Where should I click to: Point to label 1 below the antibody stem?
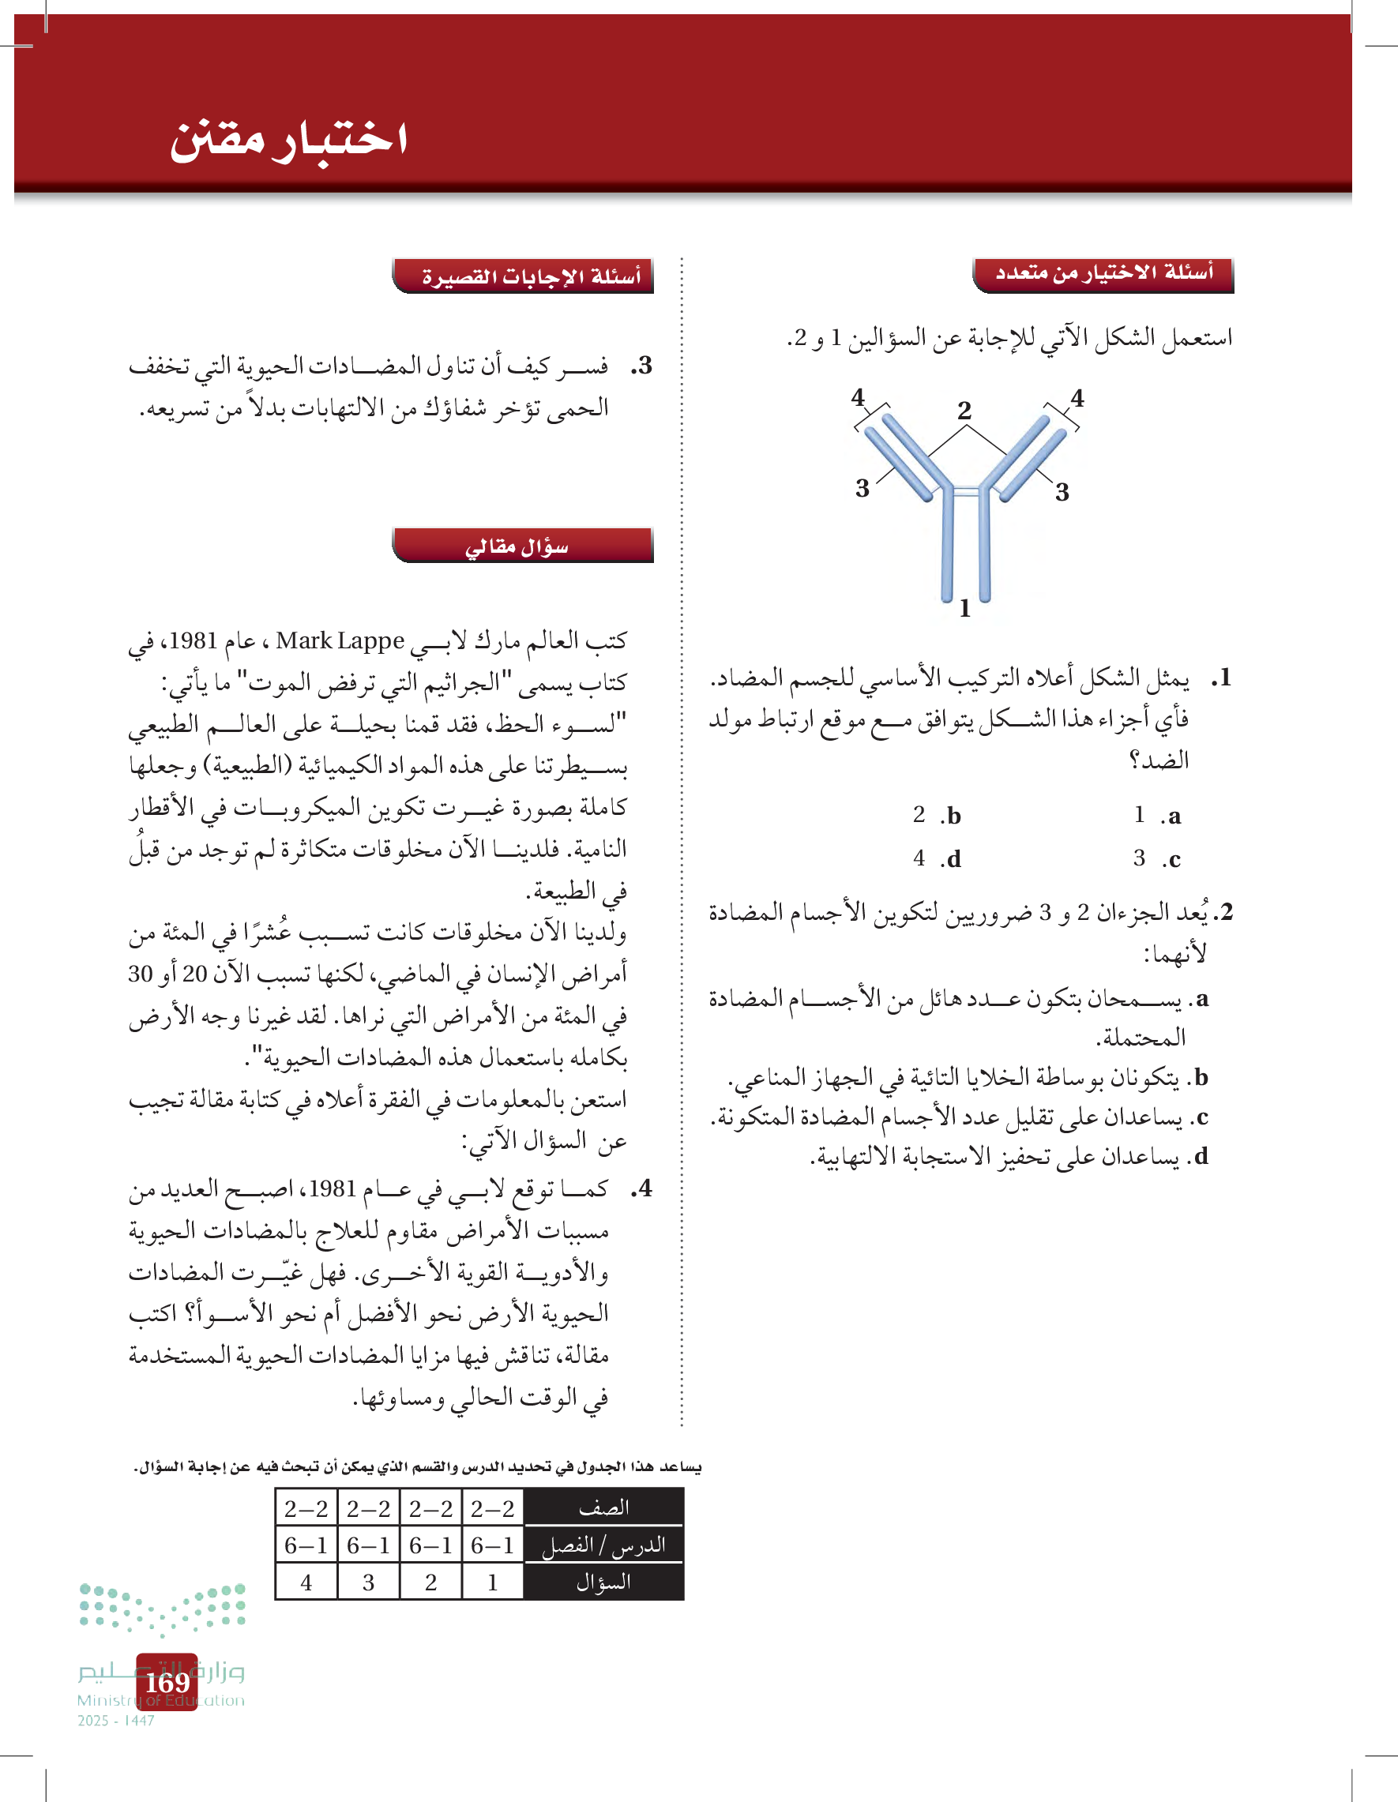[964, 609]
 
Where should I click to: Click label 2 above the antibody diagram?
[964, 410]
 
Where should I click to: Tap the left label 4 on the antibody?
[859, 398]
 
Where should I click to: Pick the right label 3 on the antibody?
[1062, 493]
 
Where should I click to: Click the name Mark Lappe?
[340, 641]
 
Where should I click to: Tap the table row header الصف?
[604, 1507]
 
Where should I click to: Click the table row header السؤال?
[604, 1582]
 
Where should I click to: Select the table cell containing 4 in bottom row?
[306, 1582]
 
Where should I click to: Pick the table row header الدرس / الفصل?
[604, 1545]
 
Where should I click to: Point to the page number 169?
[167, 1681]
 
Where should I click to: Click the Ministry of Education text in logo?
[161, 1700]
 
